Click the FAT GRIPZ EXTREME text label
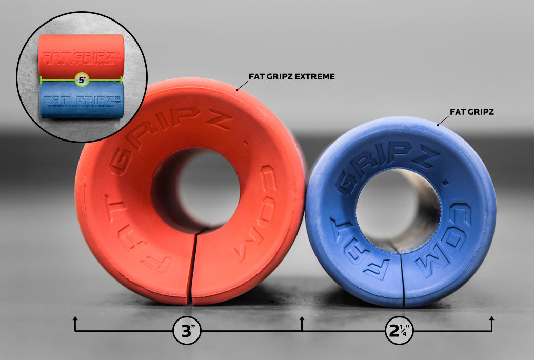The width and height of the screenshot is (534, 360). [x=291, y=76]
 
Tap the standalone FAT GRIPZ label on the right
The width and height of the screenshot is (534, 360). [x=471, y=111]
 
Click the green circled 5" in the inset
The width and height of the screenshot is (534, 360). [x=82, y=79]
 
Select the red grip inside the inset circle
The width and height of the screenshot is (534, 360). [x=82, y=54]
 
